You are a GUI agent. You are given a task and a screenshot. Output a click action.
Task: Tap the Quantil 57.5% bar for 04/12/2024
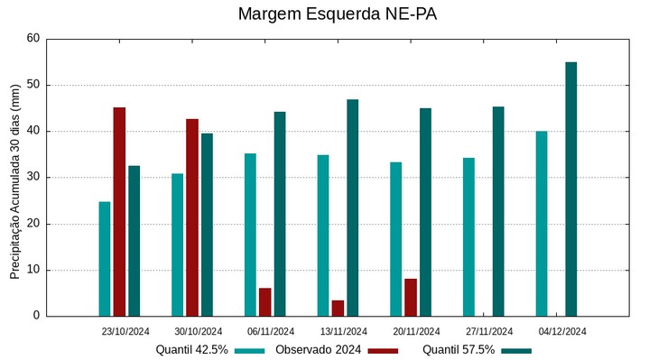pyautogui.click(x=570, y=189)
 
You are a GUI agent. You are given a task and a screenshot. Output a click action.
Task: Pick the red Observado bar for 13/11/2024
pyautogui.click(x=338, y=309)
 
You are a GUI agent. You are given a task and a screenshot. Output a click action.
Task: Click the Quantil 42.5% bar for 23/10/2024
pyautogui.click(x=105, y=259)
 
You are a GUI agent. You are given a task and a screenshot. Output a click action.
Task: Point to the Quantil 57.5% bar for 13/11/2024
pyautogui.click(x=352, y=208)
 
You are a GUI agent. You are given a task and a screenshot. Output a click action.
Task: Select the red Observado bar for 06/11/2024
pyautogui.click(x=265, y=302)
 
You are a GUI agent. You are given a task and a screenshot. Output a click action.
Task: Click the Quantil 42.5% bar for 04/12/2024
pyautogui.click(x=542, y=224)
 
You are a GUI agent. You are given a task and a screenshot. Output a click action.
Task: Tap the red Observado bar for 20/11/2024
pyautogui.click(x=411, y=298)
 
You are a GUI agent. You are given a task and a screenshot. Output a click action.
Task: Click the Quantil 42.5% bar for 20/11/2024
pyautogui.click(x=396, y=239)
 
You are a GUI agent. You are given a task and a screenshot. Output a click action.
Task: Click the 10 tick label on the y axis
pyautogui.click(x=33, y=270)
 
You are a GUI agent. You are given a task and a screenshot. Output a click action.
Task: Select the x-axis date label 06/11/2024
pyautogui.click(x=271, y=331)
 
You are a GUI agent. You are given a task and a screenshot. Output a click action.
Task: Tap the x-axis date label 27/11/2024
pyautogui.click(x=489, y=331)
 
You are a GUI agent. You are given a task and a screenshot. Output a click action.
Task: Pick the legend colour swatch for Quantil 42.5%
pyautogui.click(x=250, y=350)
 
